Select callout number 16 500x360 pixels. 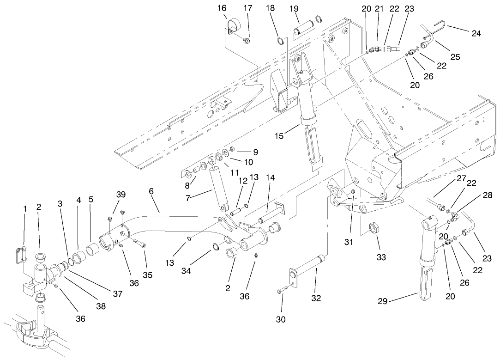223,8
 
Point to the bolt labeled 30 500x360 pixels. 281,291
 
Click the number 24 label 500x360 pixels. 476,33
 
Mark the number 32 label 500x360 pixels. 316,299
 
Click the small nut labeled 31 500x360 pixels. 353,192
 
